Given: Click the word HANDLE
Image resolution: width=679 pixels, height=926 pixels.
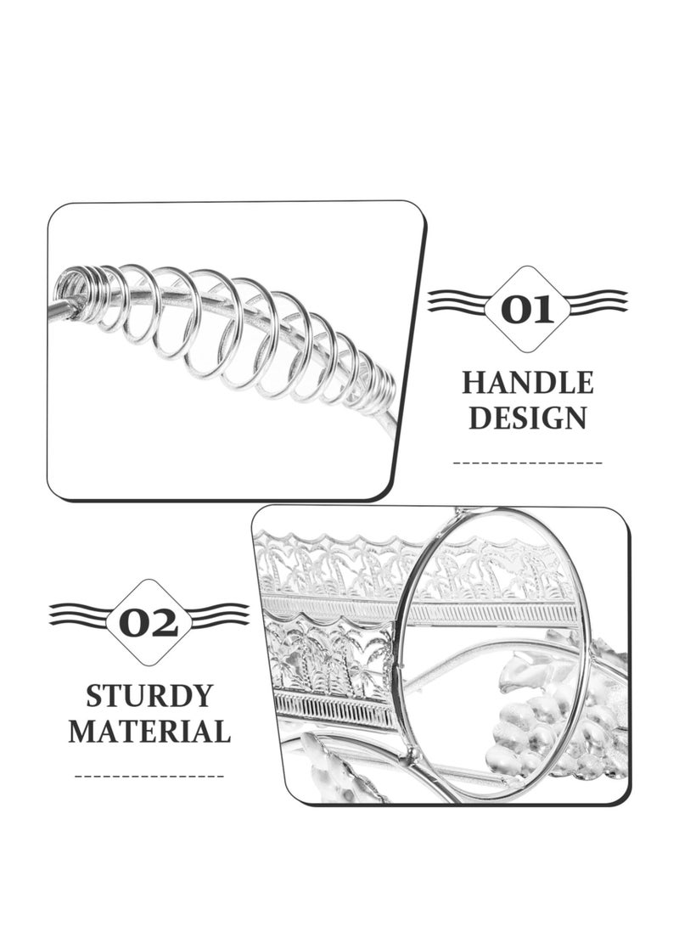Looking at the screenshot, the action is click(x=527, y=383).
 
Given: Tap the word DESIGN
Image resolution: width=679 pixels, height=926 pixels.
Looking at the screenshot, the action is click(x=527, y=418).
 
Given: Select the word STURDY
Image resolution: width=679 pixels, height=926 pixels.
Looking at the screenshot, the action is click(x=149, y=696).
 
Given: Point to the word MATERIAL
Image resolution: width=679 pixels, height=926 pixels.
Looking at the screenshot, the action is click(x=149, y=731).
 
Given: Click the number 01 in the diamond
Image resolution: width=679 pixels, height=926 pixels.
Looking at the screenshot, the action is click(x=527, y=310).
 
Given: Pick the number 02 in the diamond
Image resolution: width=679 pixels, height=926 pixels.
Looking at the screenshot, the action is click(x=149, y=623).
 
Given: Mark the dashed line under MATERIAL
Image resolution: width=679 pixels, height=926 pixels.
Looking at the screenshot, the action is click(x=149, y=776).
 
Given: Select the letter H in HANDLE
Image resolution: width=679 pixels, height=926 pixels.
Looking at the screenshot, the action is click(x=473, y=383).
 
